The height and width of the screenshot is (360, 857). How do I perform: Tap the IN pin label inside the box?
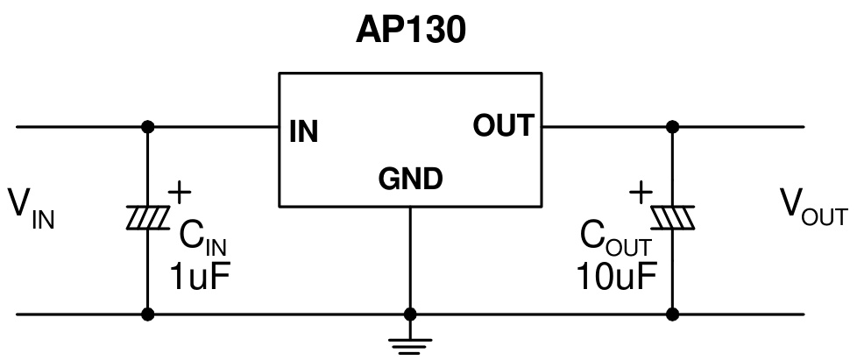[303, 132]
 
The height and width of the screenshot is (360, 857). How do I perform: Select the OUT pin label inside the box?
[502, 126]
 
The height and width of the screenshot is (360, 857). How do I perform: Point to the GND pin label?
[410, 180]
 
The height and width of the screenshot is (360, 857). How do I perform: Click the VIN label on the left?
[32, 208]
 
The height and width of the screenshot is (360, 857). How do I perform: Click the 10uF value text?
[616, 279]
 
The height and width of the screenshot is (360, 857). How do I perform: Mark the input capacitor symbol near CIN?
[147, 217]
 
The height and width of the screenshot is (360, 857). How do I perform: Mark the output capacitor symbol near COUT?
[673, 217]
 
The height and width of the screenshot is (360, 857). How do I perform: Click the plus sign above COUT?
[641, 190]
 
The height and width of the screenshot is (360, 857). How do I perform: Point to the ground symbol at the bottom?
[409, 343]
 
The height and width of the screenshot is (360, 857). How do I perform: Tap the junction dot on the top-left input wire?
[147, 127]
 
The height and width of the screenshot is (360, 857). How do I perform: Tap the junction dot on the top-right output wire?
[673, 127]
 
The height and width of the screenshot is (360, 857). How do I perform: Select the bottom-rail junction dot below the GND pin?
[409, 314]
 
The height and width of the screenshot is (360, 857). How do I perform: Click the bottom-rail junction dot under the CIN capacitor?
[147, 314]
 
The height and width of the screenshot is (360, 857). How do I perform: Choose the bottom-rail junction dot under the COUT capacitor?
[673, 314]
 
